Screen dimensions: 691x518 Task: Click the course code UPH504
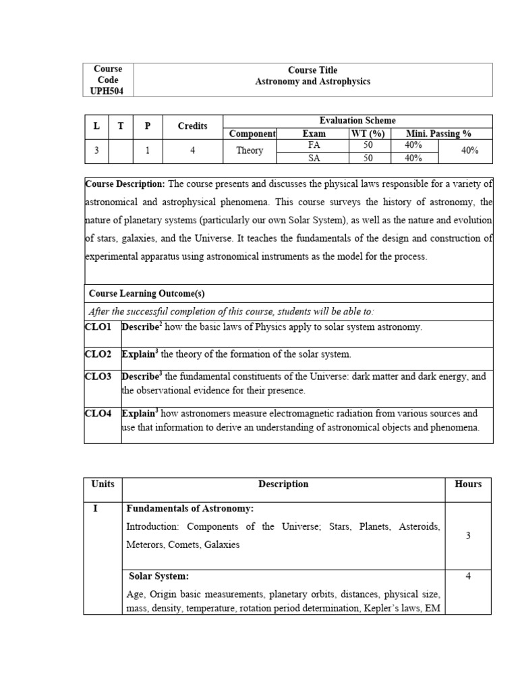point(108,91)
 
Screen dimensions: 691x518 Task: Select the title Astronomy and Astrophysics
point(312,82)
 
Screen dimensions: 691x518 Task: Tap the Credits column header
point(192,126)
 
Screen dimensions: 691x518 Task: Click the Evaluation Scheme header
point(357,120)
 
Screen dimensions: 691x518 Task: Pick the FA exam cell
point(314,145)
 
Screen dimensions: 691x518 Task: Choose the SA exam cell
point(314,158)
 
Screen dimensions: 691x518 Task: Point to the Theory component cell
point(250,151)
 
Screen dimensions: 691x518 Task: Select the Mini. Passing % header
point(438,134)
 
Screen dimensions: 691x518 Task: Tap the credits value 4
point(192,151)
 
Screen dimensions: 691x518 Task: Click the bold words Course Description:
point(125,184)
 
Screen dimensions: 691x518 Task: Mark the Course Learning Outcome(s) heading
point(146,294)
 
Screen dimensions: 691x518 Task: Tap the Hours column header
point(468,484)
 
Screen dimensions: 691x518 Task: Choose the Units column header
point(103,484)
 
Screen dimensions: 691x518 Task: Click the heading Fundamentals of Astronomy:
point(190,508)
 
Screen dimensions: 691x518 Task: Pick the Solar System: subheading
point(159,576)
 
